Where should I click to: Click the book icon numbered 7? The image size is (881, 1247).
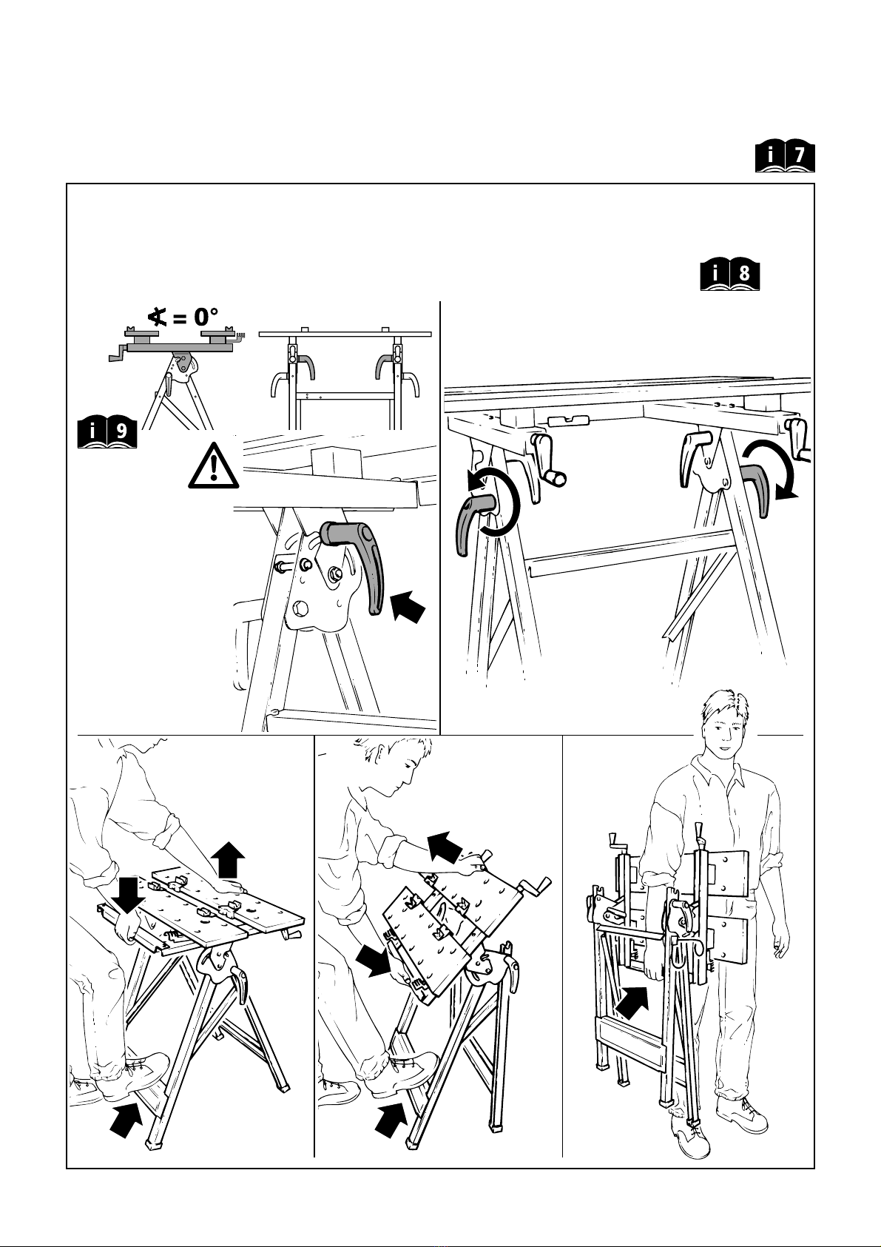click(x=785, y=158)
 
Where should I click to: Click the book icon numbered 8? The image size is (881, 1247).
click(x=729, y=275)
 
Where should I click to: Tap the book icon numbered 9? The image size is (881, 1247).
click(x=107, y=432)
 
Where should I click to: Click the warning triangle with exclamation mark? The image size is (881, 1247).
click(x=214, y=466)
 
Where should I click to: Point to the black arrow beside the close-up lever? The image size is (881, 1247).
click(x=408, y=606)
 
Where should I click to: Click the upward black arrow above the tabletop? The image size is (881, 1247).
click(x=229, y=859)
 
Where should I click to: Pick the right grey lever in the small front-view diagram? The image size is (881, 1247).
click(x=386, y=366)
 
